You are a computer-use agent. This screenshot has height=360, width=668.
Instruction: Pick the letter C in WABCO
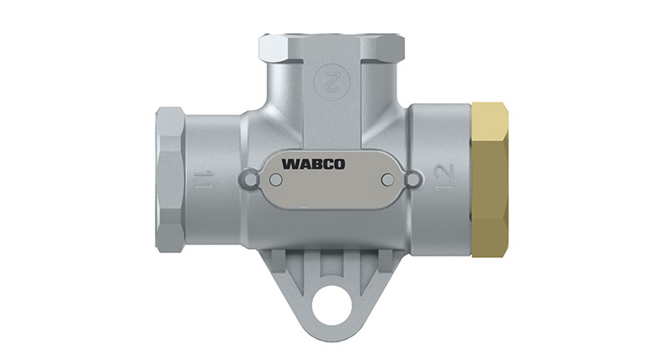(348, 164)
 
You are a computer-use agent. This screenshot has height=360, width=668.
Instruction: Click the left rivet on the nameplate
(276, 179)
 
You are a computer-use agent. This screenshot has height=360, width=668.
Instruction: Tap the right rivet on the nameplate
(386, 179)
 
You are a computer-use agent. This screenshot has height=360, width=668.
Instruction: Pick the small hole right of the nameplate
(412, 179)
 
